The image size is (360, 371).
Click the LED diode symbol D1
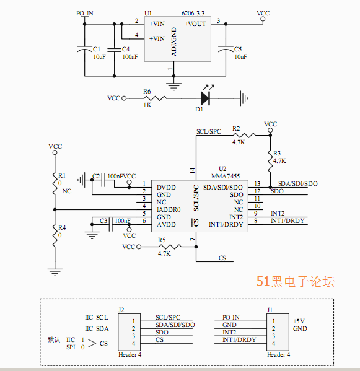click(x=205, y=98)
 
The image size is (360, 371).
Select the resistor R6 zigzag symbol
click(x=155, y=98)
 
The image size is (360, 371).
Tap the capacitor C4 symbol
click(x=114, y=50)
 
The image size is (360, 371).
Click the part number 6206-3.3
click(x=193, y=13)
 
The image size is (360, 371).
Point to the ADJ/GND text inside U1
click(x=174, y=41)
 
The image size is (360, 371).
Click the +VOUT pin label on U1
click(x=195, y=24)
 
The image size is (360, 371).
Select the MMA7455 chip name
click(x=226, y=176)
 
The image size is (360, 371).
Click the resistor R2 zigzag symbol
click(x=244, y=136)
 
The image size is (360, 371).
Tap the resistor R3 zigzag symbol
click(x=270, y=161)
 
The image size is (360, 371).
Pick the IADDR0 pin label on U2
click(x=169, y=209)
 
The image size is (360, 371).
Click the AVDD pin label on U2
click(x=166, y=225)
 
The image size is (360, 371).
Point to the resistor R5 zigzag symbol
click(x=170, y=247)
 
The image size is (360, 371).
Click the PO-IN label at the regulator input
click(x=85, y=13)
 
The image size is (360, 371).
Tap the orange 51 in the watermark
click(x=263, y=282)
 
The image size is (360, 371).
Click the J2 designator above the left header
click(x=121, y=310)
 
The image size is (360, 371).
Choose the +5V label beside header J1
click(x=299, y=321)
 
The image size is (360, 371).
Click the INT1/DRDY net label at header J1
click(x=239, y=340)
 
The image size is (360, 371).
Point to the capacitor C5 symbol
click(x=226, y=49)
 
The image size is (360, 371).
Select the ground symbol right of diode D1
click(x=244, y=98)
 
